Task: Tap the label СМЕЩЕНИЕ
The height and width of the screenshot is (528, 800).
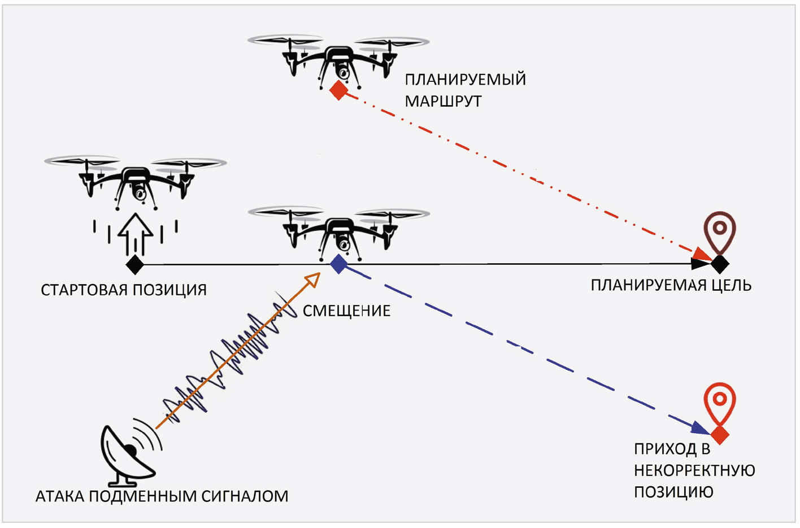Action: click(346, 311)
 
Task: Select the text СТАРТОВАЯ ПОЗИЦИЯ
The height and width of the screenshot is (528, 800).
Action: click(124, 290)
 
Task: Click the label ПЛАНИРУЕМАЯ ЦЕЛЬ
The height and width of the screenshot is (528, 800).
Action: click(671, 285)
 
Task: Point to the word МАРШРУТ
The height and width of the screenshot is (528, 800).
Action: click(443, 102)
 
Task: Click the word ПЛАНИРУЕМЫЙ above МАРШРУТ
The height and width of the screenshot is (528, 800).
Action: click(465, 80)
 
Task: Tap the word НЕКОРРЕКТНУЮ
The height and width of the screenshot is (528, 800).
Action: click(694, 470)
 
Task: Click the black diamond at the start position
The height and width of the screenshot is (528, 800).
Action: click(134, 264)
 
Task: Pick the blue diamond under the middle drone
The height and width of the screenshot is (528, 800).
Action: click(338, 264)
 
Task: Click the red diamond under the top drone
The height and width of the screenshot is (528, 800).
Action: click(338, 90)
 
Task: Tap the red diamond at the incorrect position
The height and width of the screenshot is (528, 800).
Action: click(719, 435)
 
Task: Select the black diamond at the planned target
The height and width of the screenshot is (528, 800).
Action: click(719, 264)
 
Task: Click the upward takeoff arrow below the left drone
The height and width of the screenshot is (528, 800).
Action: click(135, 232)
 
